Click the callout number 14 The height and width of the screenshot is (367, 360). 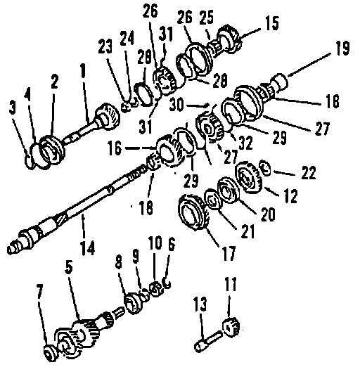[87, 247]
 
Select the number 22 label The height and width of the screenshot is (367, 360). [308, 172]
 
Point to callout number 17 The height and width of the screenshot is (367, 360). [229, 253]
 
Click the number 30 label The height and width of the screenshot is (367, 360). [176, 105]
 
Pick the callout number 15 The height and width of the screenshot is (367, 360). [272, 23]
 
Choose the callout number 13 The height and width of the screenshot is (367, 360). [200, 304]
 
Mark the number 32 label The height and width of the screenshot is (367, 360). [246, 142]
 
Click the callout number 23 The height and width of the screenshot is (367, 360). [105, 46]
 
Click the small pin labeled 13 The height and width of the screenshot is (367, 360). [207, 340]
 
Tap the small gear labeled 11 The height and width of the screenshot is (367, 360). [231, 328]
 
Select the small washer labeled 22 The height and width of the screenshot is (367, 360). [265, 168]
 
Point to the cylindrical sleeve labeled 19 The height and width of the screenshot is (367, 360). [281, 81]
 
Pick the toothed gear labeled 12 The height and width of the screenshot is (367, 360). [247, 177]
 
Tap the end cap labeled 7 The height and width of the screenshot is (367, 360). [50, 353]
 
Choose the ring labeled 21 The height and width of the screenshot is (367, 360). [212, 199]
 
